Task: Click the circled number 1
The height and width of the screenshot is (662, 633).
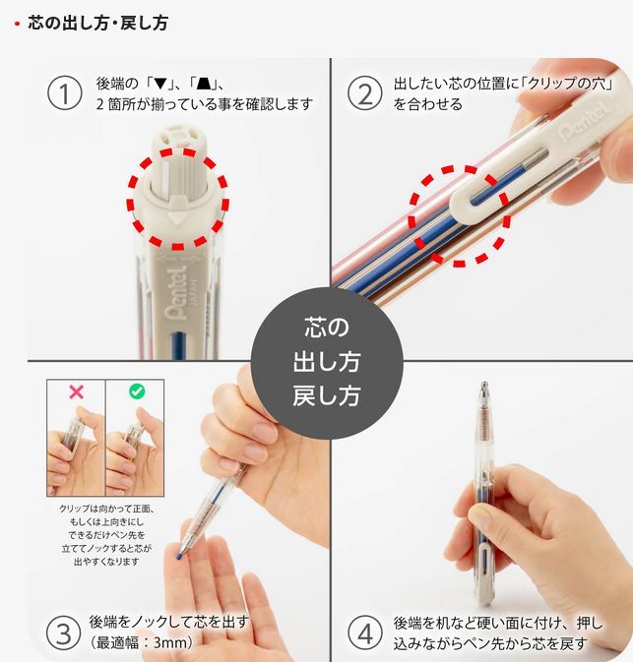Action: (64, 92)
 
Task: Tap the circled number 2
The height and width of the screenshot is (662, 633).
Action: (365, 92)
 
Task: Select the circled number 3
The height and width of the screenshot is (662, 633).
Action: (63, 632)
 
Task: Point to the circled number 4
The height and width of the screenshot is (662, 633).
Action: (365, 632)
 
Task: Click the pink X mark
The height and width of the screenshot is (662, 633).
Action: (76, 392)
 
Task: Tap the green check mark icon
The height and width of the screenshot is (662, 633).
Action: (137, 391)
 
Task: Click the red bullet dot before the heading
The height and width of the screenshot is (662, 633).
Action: (17, 24)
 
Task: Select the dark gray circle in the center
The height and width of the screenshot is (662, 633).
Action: (327, 363)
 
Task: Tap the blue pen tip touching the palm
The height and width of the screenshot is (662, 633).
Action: (181, 556)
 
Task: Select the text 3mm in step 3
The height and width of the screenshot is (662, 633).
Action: (170, 642)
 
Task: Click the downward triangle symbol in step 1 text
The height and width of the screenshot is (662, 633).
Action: (161, 84)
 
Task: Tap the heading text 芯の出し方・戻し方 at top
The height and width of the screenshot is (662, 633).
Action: (98, 23)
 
